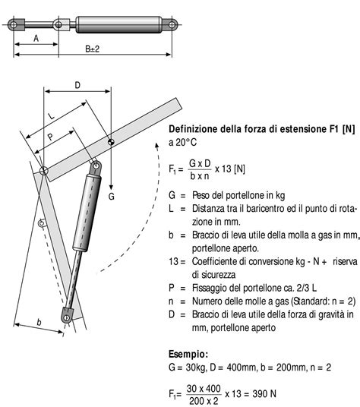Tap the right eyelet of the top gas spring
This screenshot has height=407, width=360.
174,24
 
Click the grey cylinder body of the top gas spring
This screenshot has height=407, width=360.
122,24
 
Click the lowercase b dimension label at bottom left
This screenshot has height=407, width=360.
39,322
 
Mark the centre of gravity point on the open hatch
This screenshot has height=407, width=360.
111,141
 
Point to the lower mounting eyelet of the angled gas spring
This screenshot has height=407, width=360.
68,317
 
